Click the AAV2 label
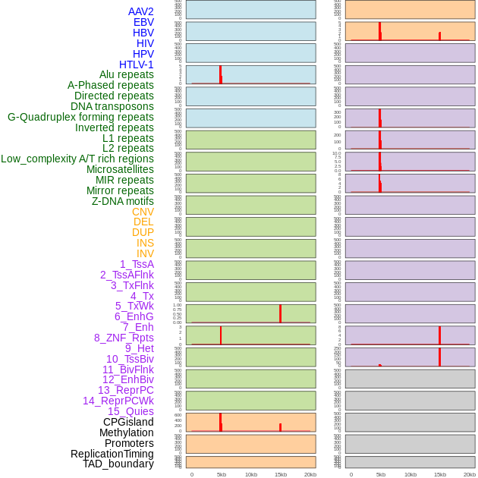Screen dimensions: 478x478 coord(140,11)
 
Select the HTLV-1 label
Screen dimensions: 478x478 coord(136,64)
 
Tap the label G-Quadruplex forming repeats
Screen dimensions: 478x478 coord(80,117)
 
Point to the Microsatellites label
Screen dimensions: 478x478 coord(120,169)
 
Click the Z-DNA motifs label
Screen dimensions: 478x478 coord(123,201)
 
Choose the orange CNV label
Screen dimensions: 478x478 coord(143,212)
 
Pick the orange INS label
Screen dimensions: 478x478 coord(145,243)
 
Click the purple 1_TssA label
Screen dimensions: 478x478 coord(137,264)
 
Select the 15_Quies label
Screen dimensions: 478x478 coord(131,411)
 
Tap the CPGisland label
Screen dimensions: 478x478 coord(128,422)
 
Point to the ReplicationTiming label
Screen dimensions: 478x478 coord(112,454)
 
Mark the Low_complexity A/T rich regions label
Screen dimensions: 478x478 coord(77,159)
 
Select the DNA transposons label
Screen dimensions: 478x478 coord(112,106)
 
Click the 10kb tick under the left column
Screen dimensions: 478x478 coord(251,474)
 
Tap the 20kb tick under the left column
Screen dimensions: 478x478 coord(310,474)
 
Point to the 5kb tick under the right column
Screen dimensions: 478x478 coord(381,474)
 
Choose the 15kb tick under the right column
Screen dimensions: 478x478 coord(440,474)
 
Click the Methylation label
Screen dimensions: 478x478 coord(126,432)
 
